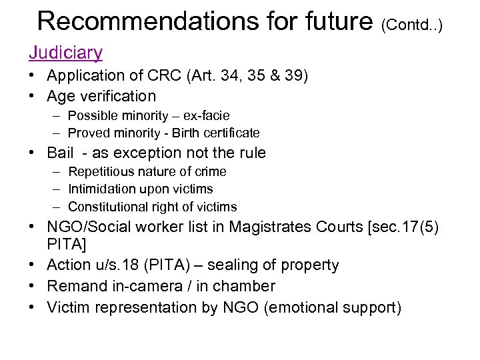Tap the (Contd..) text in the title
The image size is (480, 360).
pyautogui.click(x=411, y=25)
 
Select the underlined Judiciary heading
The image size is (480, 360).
pyautogui.click(x=65, y=52)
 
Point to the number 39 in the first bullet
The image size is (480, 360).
pyautogui.click(x=291, y=77)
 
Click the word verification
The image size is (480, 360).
pyautogui.click(x=115, y=96)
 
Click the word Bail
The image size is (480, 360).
pyautogui.click(x=61, y=153)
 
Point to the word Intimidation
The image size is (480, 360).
pyautogui.click(x=104, y=189)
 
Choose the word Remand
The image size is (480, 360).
pyautogui.click(x=75, y=286)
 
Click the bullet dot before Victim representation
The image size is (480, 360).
pyautogui.click(x=33, y=307)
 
